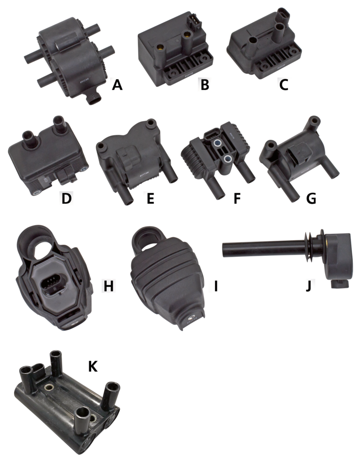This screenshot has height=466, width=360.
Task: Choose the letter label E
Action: [151, 198]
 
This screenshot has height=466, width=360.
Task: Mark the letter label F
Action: [237, 198]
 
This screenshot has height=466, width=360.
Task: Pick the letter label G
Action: [312, 198]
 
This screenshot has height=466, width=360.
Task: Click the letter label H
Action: [108, 285]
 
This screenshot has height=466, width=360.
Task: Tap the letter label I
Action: [214, 285]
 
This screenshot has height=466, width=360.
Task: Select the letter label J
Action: [308, 285]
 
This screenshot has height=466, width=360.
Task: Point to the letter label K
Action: [92, 366]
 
